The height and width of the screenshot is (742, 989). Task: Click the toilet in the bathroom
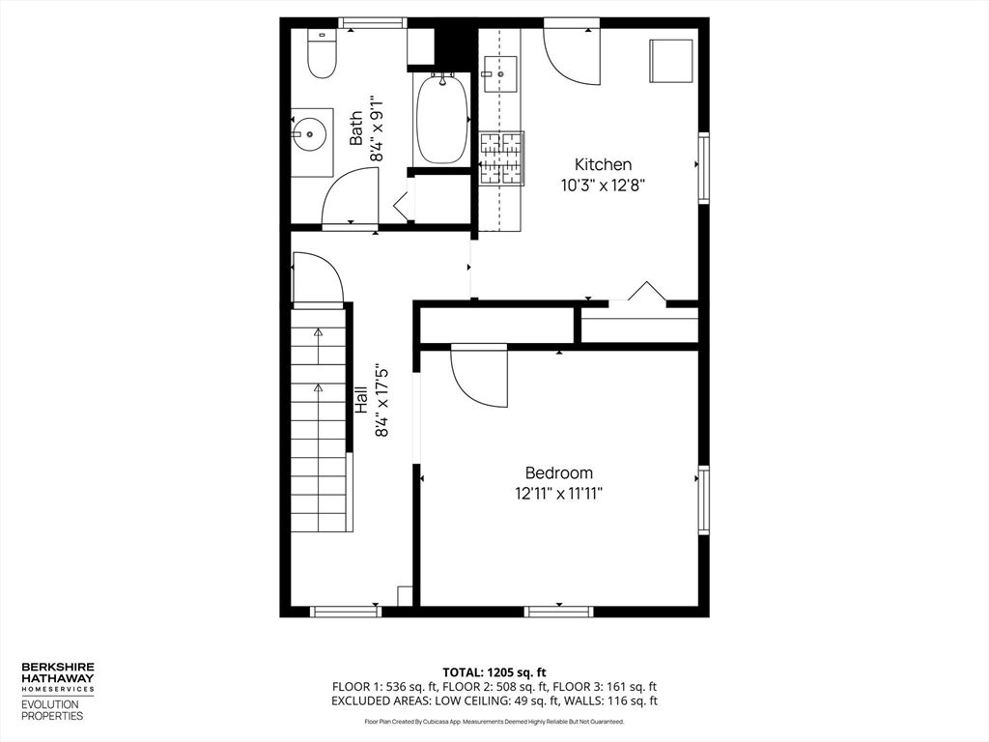322,54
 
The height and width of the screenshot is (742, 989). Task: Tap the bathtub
442,121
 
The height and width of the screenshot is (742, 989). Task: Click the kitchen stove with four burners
501,157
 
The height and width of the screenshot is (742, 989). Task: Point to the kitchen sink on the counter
499,73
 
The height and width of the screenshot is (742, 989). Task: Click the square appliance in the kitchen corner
670,61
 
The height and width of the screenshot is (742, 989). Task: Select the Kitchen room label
603,164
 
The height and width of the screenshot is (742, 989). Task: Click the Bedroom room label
558,472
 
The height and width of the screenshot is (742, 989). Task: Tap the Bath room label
356,128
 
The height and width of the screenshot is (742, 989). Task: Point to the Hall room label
359,401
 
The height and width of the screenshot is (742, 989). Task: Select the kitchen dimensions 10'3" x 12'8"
603,185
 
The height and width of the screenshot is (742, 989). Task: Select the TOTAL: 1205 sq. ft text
494,671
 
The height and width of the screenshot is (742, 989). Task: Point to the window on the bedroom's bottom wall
558,611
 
